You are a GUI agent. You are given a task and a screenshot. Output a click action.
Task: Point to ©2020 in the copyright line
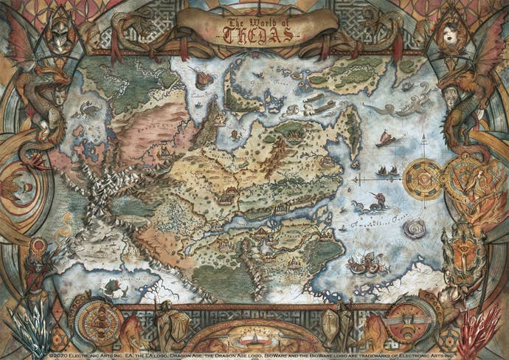58,355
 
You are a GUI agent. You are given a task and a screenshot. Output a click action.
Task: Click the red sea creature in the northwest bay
84,108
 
